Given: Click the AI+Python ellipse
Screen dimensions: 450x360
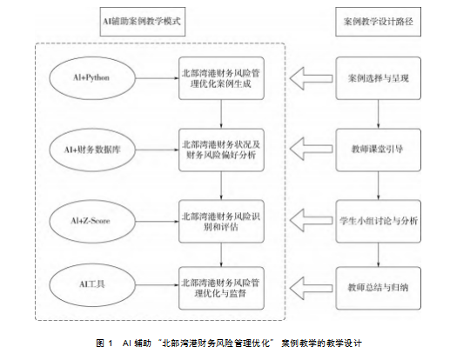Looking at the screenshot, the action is coord(92,78).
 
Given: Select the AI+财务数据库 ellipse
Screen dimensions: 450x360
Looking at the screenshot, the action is coord(92,150).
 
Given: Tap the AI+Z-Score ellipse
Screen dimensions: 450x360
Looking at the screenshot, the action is coord(92,221).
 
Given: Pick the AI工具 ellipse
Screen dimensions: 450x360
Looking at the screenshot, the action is coord(92,284).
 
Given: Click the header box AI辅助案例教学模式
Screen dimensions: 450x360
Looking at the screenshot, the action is coord(143,22).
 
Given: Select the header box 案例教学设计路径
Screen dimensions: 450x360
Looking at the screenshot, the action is coord(378,22).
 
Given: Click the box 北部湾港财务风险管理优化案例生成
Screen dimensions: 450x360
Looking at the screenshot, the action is coord(221,78).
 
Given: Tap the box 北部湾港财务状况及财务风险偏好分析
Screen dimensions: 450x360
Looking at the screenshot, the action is coord(221,150).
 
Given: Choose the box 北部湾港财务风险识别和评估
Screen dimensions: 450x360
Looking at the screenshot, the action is coord(221,221).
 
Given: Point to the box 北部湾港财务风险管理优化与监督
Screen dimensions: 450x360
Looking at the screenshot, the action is coord(221,288).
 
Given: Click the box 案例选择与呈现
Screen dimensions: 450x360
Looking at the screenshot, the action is coord(379,78).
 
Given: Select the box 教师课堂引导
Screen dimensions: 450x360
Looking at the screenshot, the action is coord(379,150).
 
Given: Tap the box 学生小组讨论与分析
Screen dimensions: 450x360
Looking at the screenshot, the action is coord(379,221).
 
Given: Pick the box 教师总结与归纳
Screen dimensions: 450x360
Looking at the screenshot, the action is coord(379,288).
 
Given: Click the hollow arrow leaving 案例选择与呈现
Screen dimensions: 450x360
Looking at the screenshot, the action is coord(311,78).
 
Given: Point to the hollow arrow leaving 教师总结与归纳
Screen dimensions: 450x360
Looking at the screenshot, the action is coord(311,288).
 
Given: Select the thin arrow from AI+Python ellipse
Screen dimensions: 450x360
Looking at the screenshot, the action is coord(157,78).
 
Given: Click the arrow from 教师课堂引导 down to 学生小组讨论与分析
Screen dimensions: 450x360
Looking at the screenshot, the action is coord(378,185).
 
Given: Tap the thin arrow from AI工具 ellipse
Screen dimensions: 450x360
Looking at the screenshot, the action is coord(157,284).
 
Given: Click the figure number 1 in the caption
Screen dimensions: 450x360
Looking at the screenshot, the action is coord(110,343).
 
